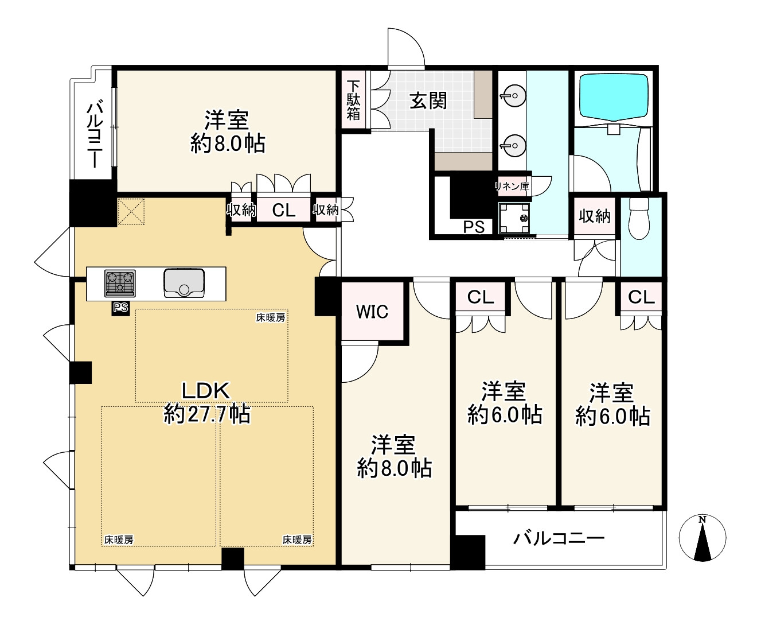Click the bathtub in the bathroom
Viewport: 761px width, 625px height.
tap(614, 98)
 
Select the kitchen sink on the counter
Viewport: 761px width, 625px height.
tap(184, 283)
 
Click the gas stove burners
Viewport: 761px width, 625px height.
tap(120, 283)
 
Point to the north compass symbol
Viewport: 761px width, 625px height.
tap(702, 537)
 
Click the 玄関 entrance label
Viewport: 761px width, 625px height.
tap(428, 100)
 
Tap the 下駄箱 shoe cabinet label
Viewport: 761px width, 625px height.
tap(353, 100)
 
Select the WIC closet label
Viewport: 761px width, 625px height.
tap(372, 312)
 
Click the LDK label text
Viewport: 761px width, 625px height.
tap(205, 391)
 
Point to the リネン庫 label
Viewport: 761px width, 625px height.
tap(512, 187)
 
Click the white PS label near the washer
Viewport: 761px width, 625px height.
tap(474, 227)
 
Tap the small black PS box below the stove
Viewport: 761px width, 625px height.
tap(120, 308)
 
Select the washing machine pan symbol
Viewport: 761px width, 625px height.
tap(514, 218)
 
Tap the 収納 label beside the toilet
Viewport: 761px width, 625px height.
tap(594, 216)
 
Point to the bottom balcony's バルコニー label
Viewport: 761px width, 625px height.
tap(559, 539)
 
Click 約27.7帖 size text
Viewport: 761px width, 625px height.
tap(206, 414)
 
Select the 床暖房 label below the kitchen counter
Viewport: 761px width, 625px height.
tap(270, 317)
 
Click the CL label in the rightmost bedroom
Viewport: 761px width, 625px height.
tap(641, 297)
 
